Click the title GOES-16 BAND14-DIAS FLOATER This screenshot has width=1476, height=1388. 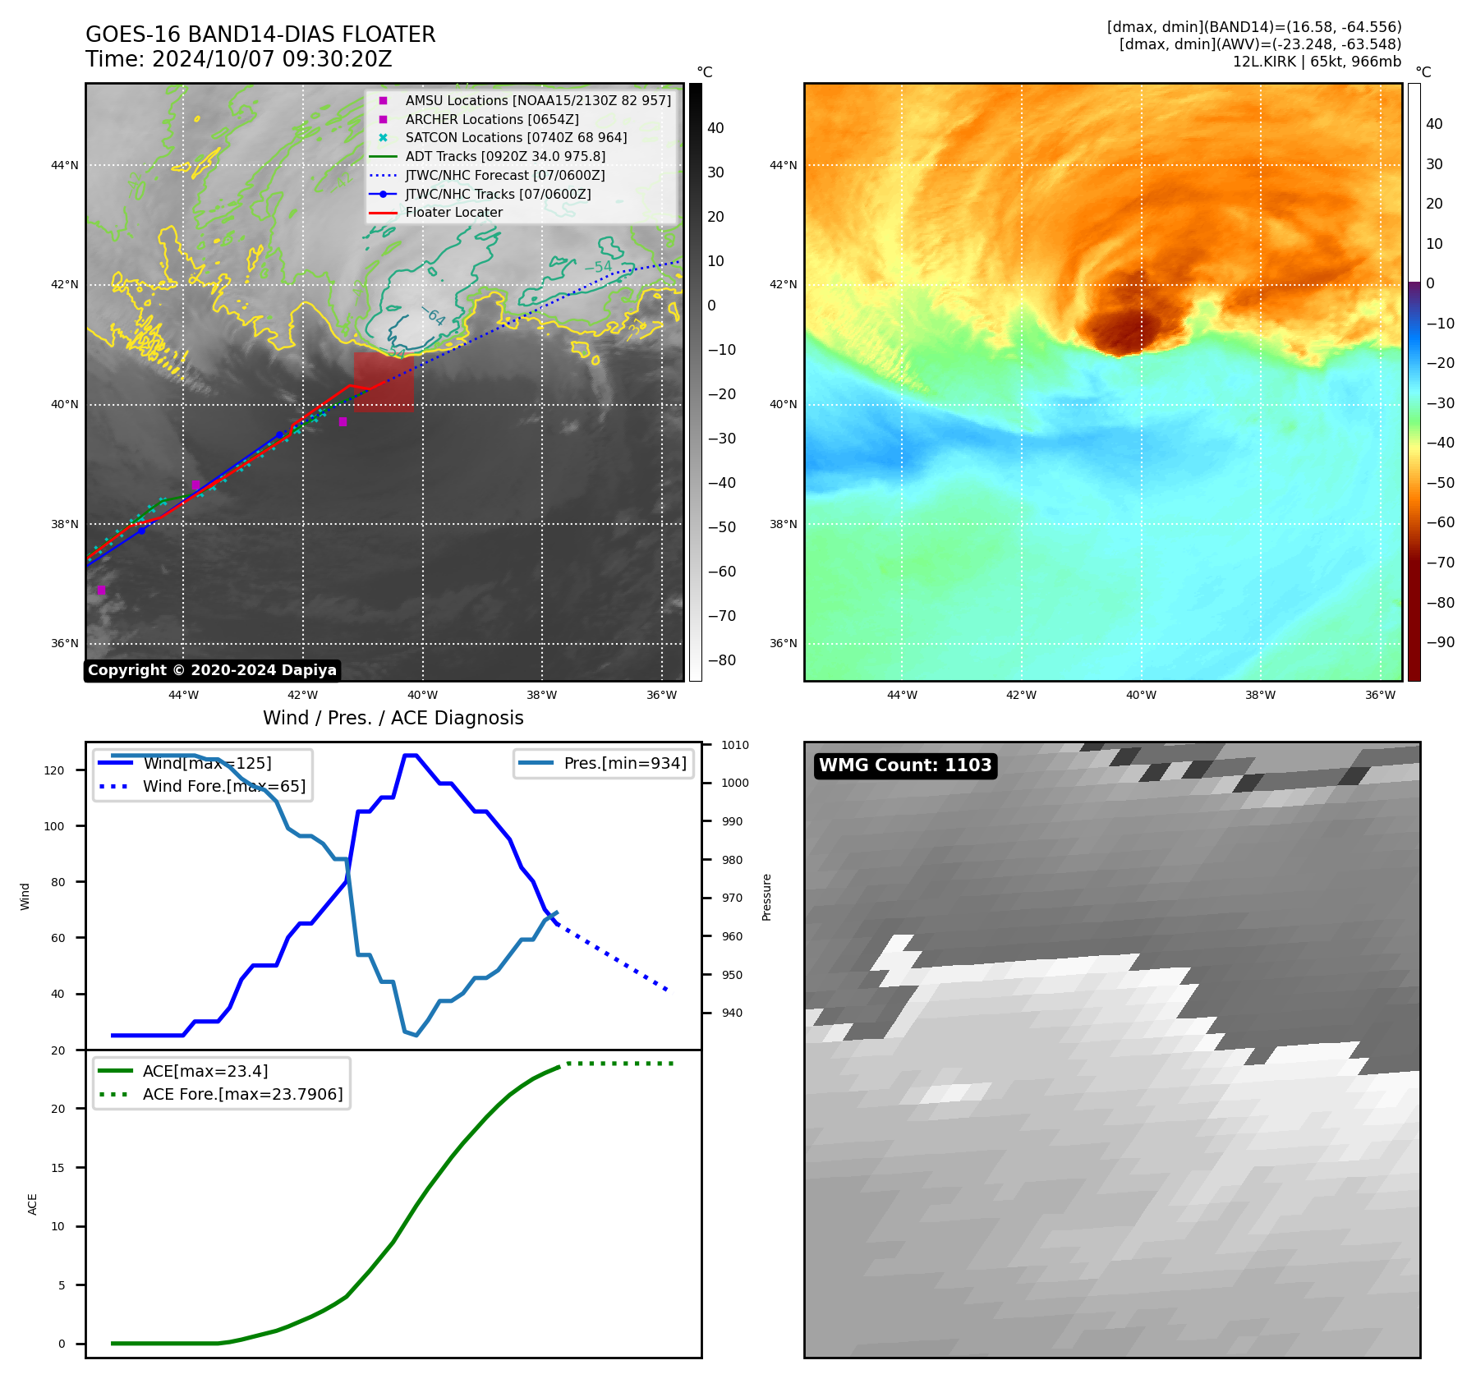(260, 34)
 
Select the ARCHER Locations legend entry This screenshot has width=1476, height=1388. (491, 119)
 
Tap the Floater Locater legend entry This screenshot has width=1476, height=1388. (453, 212)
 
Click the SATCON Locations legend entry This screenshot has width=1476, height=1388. (515, 137)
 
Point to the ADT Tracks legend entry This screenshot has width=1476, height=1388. (504, 156)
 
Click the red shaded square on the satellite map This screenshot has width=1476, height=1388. (384, 382)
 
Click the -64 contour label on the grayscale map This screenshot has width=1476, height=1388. (434, 316)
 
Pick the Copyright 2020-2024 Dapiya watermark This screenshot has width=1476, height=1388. (212, 670)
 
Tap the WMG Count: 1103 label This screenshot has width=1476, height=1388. (905, 765)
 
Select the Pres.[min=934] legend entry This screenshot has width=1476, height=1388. (624, 763)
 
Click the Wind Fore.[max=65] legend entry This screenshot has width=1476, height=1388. (223, 786)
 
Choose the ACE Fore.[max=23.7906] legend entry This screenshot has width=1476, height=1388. (242, 1094)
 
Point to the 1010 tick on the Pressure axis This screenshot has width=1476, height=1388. (734, 746)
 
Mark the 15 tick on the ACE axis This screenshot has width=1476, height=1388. (57, 1167)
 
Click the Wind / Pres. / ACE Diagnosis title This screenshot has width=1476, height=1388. (393, 718)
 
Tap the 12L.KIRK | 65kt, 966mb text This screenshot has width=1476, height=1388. (1317, 62)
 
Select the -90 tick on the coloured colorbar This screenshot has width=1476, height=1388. (1440, 642)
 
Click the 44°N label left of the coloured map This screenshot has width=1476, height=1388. (783, 165)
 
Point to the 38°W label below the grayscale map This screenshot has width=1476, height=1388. (541, 695)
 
